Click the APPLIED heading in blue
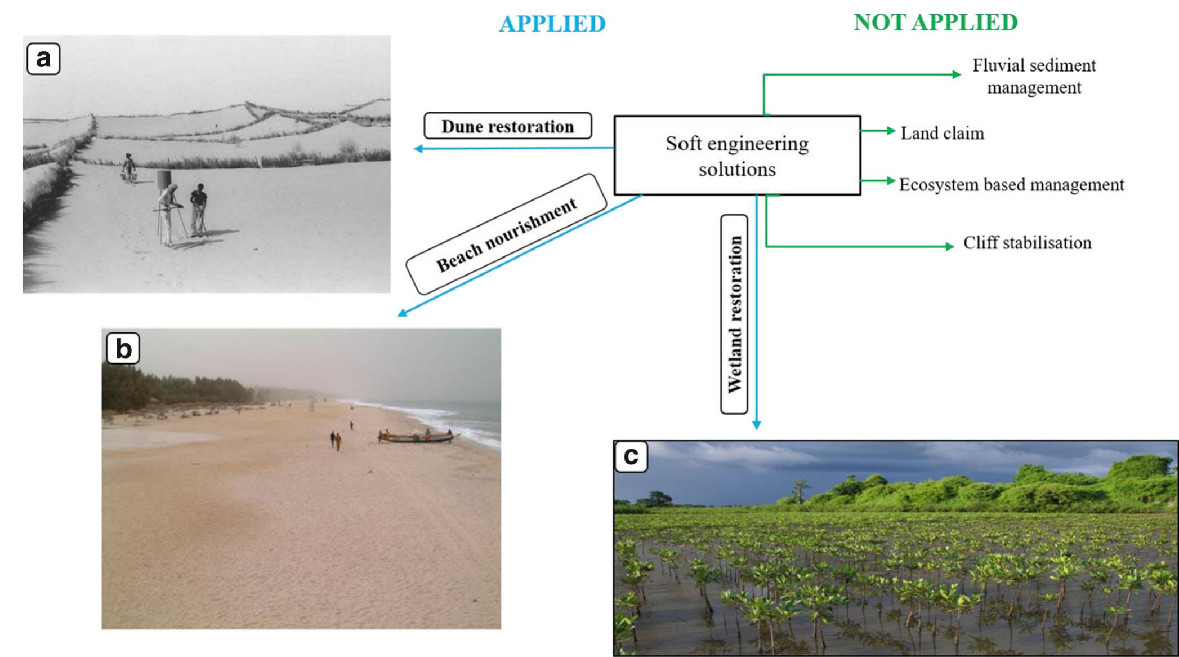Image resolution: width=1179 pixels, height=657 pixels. pyautogui.click(x=552, y=24)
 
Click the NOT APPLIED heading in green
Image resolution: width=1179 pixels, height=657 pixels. pyautogui.click(x=936, y=23)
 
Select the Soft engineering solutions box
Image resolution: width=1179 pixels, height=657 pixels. pyautogui.click(x=737, y=156)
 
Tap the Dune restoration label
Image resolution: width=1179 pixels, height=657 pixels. pyautogui.click(x=507, y=126)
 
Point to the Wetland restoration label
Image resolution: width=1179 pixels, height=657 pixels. pyautogui.click(x=735, y=314)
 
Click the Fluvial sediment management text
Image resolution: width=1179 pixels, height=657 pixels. pyautogui.click(x=1034, y=77)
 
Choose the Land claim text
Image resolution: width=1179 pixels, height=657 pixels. pyautogui.click(x=942, y=134)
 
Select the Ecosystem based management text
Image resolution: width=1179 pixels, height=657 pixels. pyautogui.click(x=1011, y=185)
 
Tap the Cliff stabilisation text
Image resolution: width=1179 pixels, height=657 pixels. pyautogui.click(x=1027, y=243)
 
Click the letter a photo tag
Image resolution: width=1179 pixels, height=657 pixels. pyautogui.click(x=43, y=59)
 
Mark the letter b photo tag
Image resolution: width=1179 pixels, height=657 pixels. pyautogui.click(x=123, y=349)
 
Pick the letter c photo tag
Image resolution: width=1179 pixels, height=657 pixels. pyautogui.click(x=631, y=456)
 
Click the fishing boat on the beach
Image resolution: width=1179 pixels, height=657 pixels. pyautogui.click(x=417, y=437)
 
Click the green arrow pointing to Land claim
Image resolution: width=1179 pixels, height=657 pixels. pyautogui.click(x=878, y=131)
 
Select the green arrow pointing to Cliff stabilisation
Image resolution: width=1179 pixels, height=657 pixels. pyautogui.click(x=861, y=246)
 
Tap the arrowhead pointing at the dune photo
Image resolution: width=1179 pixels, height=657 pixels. pyautogui.click(x=418, y=149)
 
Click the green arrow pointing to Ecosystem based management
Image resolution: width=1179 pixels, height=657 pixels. pyautogui.click(x=878, y=181)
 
